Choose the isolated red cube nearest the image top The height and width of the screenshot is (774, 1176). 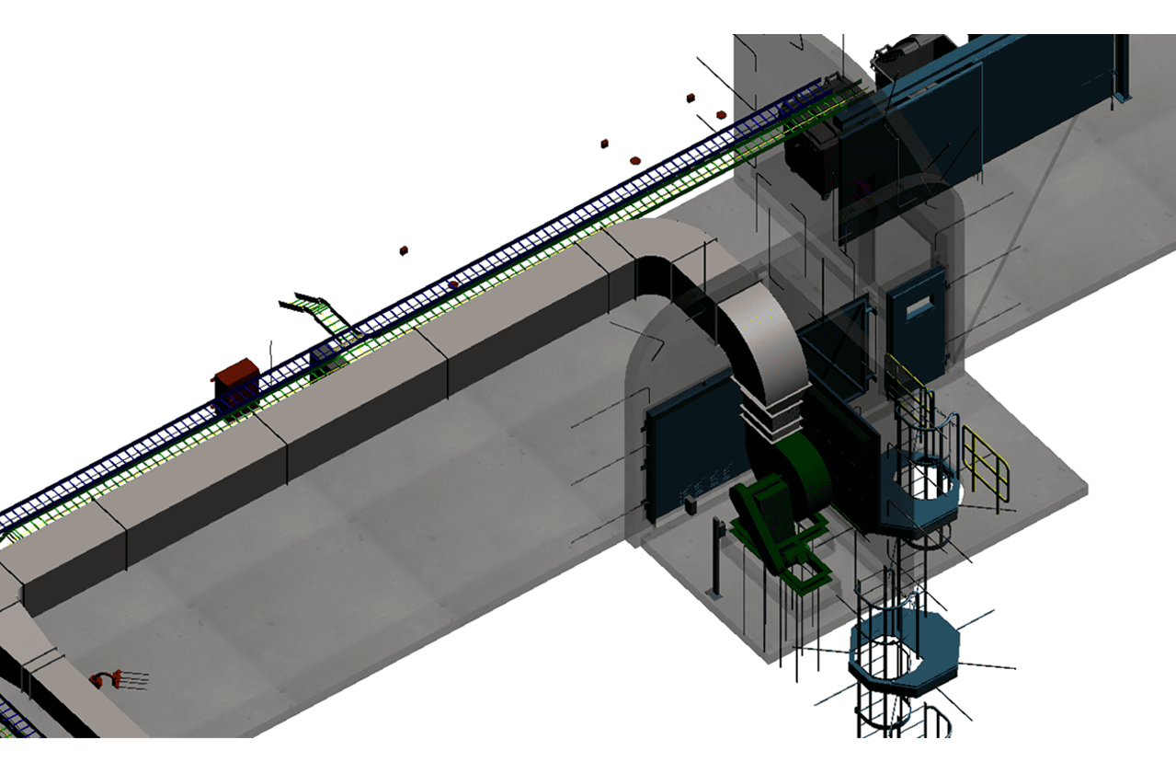[x=688, y=98]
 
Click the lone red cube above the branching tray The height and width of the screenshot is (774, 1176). [x=403, y=250]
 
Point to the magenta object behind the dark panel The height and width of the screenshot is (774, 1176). [x=862, y=187]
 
